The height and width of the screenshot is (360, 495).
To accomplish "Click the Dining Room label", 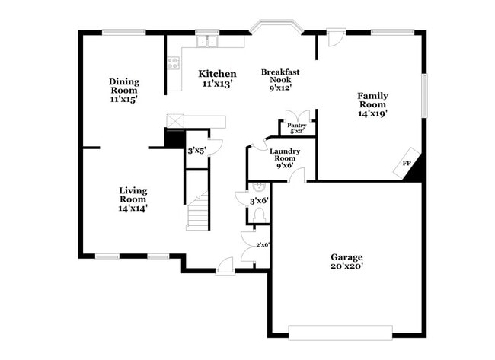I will coord(123,90).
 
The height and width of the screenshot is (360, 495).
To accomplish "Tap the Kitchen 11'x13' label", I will coord(217,78).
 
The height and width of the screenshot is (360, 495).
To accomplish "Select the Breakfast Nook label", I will coord(281,79).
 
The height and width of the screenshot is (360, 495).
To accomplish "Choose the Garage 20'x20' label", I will coord(346,261).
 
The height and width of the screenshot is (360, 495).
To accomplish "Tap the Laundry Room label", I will coord(285,158).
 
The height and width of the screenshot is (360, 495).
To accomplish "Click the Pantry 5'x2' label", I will coord(296,128).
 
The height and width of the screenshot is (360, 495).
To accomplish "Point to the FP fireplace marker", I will coord(406,163).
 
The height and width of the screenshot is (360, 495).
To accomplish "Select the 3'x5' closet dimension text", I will coord(196,151).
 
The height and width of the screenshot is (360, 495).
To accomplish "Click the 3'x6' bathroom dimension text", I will coord(259,201).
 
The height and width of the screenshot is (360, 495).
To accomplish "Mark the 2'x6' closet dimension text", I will coord(263,244).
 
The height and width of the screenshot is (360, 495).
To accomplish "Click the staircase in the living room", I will coord(198,212).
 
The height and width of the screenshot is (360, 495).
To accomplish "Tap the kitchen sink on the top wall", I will coord(206,42).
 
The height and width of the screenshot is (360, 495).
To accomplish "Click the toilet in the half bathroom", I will coord(259,215).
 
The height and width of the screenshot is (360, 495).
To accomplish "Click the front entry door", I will coord(225,266).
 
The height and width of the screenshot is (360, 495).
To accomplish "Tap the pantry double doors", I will coord(295,115).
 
